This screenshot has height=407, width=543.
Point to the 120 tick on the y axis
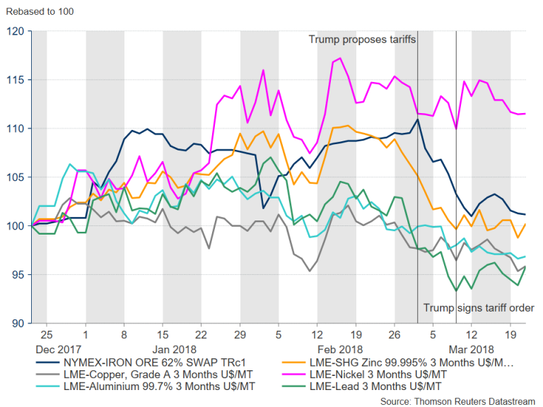click(x=16, y=31)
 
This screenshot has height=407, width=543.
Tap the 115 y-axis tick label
click(x=16, y=80)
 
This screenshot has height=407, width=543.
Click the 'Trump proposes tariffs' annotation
click(x=362, y=40)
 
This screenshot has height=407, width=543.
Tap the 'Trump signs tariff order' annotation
click(x=478, y=307)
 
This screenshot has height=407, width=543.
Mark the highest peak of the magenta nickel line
click(x=340, y=58)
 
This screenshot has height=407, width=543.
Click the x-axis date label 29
click(x=240, y=332)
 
